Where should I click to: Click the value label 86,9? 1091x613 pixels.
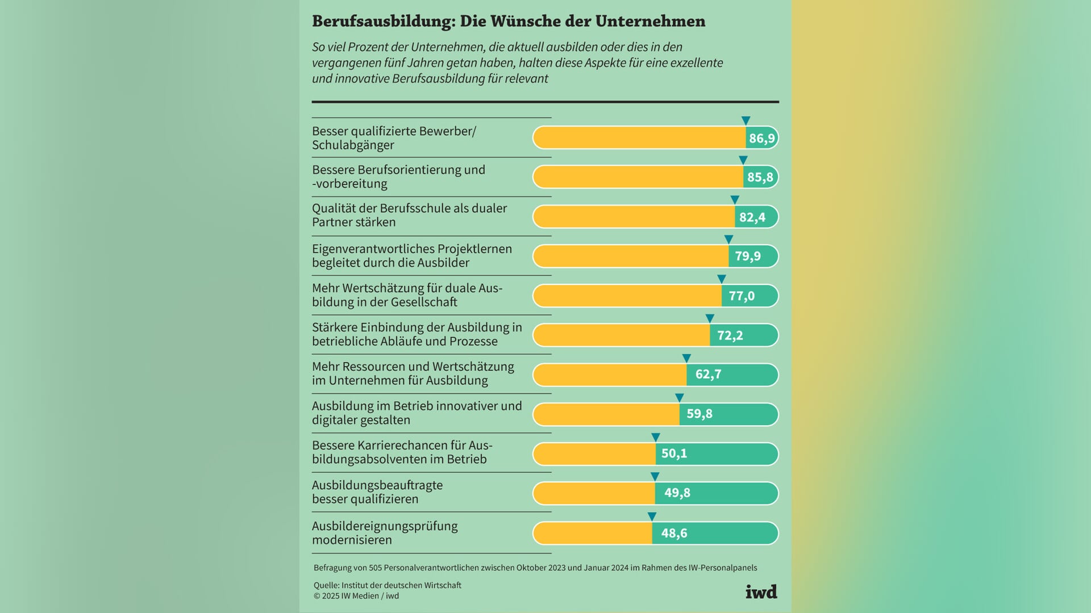pyautogui.click(x=761, y=138)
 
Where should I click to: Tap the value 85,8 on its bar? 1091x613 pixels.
pyautogui.click(x=760, y=177)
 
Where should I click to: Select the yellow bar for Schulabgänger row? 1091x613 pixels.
pyautogui.click(x=639, y=138)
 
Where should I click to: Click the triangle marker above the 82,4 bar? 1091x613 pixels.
pyautogui.click(x=735, y=200)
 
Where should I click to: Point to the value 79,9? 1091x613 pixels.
pyautogui.click(x=747, y=256)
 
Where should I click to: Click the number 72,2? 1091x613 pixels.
pyautogui.click(x=730, y=335)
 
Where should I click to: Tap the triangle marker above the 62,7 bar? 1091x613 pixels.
pyautogui.click(x=686, y=358)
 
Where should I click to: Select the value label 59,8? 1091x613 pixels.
pyautogui.click(x=699, y=414)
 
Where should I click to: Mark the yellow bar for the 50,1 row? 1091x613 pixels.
pyautogui.click(x=594, y=454)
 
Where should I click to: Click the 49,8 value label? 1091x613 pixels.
pyautogui.click(x=677, y=493)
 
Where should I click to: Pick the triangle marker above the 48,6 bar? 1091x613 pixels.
pyautogui.click(x=652, y=517)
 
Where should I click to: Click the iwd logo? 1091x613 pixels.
pyautogui.click(x=761, y=592)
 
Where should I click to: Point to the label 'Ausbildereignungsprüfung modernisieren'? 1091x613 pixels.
pyautogui.click(x=385, y=533)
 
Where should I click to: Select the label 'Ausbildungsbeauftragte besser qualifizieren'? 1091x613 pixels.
pyautogui.click(x=377, y=492)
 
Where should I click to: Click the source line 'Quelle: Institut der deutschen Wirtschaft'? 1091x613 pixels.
pyautogui.click(x=387, y=585)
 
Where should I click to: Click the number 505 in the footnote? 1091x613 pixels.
pyautogui.click(x=375, y=568)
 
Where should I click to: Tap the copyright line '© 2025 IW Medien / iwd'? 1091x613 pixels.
pyautogui.click(x=356, y=596)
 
